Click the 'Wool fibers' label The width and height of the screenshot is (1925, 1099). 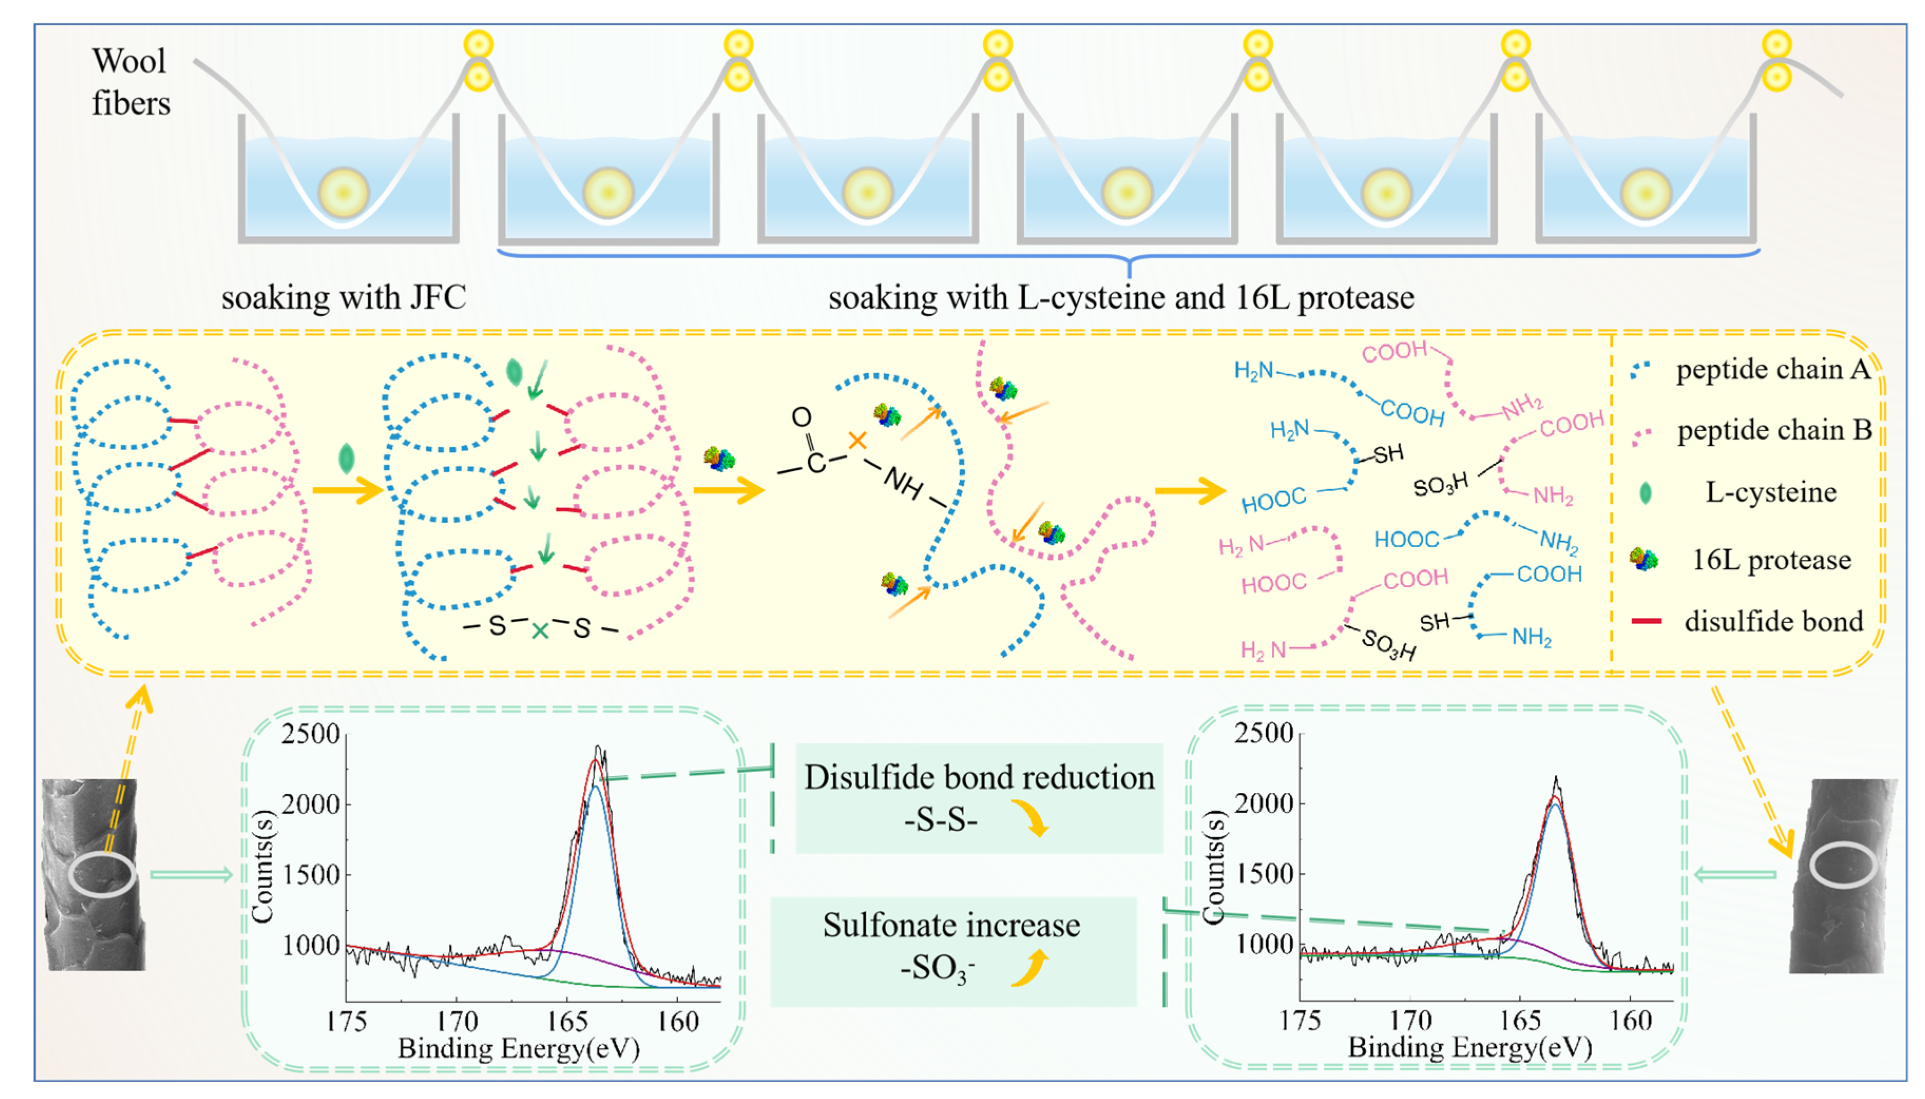130,82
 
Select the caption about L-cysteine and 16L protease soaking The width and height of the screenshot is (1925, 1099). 1121,297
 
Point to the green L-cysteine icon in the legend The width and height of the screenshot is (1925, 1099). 1645,493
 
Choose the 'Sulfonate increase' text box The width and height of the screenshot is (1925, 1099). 952,949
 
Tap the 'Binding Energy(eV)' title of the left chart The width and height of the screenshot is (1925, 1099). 519,1048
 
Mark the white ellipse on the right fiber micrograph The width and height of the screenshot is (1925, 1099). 1843,864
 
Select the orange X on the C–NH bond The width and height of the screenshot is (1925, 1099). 857,440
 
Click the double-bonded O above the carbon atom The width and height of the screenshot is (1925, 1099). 801,416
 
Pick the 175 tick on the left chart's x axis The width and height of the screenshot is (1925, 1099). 346,1022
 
